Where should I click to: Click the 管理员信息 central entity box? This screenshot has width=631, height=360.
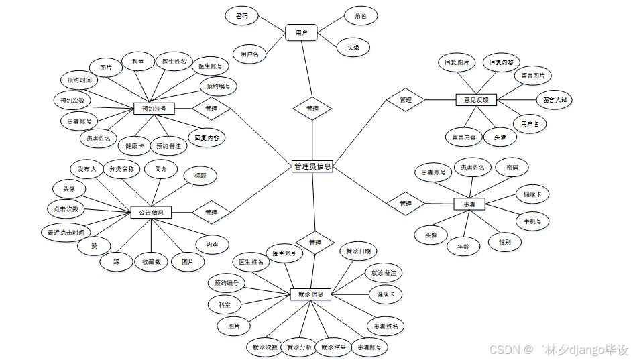click(x=312, y=166)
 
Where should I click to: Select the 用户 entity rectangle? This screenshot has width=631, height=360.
click(x=301, y=32)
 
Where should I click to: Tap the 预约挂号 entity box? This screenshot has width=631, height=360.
click(x=154, y=108)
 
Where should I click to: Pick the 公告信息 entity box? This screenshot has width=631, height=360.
click(x=151, y=213)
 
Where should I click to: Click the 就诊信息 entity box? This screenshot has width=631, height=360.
click(x=310, y=294)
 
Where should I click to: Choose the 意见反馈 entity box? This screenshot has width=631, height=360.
click(x=476, y=100)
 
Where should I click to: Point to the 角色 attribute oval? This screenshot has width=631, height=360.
click(x=360, y=16)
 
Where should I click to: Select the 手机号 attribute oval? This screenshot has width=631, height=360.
click(x=532, y=221)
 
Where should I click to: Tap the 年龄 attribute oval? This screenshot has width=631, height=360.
click(x=463, y=246)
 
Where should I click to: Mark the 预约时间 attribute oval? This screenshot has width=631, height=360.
click(x=78, y=80)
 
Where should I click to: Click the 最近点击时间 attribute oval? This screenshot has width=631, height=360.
click(x=65, y=233)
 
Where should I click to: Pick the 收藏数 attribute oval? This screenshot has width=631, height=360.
click(x=151, y=261)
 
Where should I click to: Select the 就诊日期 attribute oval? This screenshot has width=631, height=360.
click(x=357, y=251)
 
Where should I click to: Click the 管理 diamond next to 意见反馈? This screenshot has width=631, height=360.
click(x=406, y=100)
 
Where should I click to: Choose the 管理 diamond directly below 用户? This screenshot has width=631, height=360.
click(x=312, y=108)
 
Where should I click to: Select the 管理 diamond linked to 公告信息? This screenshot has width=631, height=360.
click(x=211, y=213)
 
